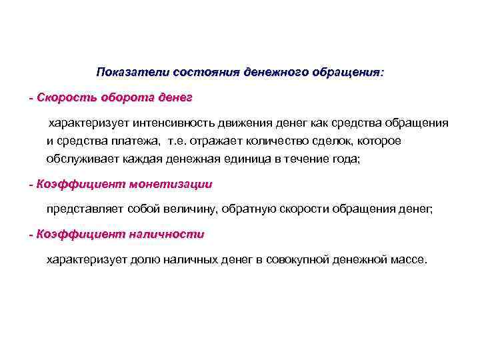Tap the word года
pyautogui.click(x=344, y=158)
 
